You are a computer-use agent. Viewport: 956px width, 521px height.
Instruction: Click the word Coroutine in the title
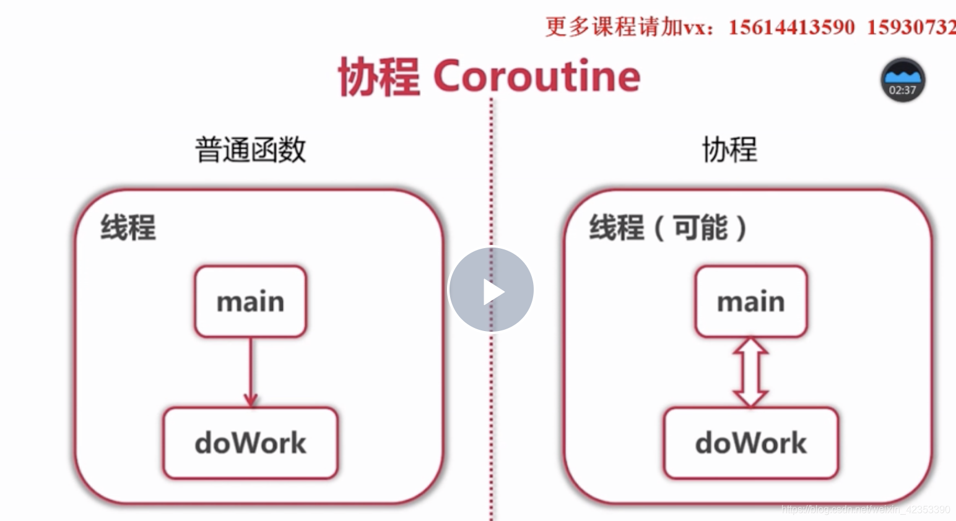pyautogui.click(x=537, y=76)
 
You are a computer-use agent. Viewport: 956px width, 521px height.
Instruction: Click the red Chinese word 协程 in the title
pyautogui.click(x=379, y=76)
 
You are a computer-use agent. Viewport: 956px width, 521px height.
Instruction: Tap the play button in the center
pyautogui.click(x=491, y=290)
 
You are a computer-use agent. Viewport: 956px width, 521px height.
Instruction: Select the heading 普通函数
pyautogui.click(x=251, y=150)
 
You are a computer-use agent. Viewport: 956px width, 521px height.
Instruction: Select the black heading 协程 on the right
pyautogui.click(x=729, y=150)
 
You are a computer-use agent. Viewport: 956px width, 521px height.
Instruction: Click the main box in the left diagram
pyautogui.click(x=251, y=302)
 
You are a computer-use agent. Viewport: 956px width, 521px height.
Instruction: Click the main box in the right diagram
pyautogui.click(x=750, y=302)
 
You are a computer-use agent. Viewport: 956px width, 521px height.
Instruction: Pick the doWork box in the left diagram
pyautogui.click(x=251, y=443)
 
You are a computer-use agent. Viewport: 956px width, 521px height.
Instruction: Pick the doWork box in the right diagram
pyautogui.click(x=750, y=443)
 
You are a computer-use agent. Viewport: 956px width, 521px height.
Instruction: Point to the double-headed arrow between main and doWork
pyautogui.click(x=750, y=372)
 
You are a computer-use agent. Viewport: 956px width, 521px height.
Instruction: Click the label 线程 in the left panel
pyautogui.click(x=128, y=227)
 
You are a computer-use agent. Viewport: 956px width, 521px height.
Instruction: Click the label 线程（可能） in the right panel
pyautogui.click(x=668, y=227)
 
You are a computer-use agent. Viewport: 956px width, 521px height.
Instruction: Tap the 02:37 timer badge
pyautogui.click(x=903, y=80)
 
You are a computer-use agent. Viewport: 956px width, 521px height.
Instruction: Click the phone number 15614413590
pyautogui.click(x=791, y=27)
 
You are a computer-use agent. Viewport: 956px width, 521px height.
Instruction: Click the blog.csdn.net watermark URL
pyautogui.click(x=865, y=509)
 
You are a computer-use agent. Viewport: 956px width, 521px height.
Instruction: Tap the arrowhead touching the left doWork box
pyautogui.click(x=251, y=399)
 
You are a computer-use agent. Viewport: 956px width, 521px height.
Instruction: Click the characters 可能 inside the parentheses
pyautogui.click(x=700, y=227)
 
